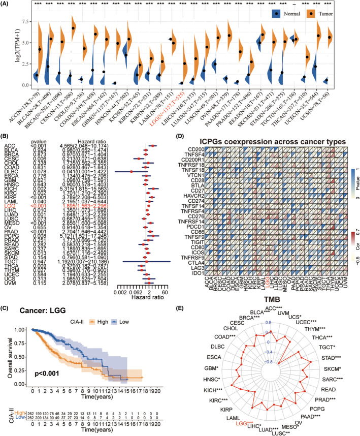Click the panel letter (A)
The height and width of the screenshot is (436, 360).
click(x=7, y=4)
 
